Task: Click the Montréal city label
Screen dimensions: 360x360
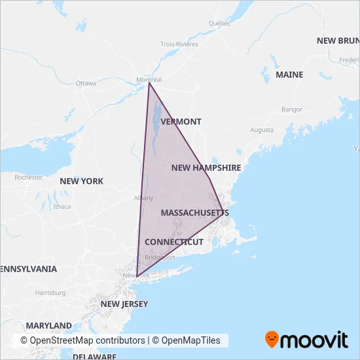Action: [149, 80]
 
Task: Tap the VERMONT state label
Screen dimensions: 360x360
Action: [181, 122]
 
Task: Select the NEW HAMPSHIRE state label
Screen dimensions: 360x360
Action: [206, 168]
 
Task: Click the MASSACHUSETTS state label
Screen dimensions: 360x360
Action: [194, 213]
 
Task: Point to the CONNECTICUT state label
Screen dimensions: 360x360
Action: [174, 242]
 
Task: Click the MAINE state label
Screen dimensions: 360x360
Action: [289, 75]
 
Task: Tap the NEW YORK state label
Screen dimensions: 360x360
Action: [81, 181]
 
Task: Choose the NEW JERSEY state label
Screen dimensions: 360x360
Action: [124, 304]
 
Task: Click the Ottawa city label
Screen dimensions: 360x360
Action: [86, 84]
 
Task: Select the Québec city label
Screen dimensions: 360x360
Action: [220, 24]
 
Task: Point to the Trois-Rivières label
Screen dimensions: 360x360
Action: [179, 45]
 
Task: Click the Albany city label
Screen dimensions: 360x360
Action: [143, 198]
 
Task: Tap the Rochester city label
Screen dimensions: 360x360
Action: [29, 177]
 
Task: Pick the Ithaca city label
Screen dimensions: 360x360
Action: [62, 206]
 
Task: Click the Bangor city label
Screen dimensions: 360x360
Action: [290, 109]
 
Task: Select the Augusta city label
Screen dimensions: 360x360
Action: [262, 130]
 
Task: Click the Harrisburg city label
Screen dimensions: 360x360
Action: [50, 293]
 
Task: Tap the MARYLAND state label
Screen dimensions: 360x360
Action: [49, 325]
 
